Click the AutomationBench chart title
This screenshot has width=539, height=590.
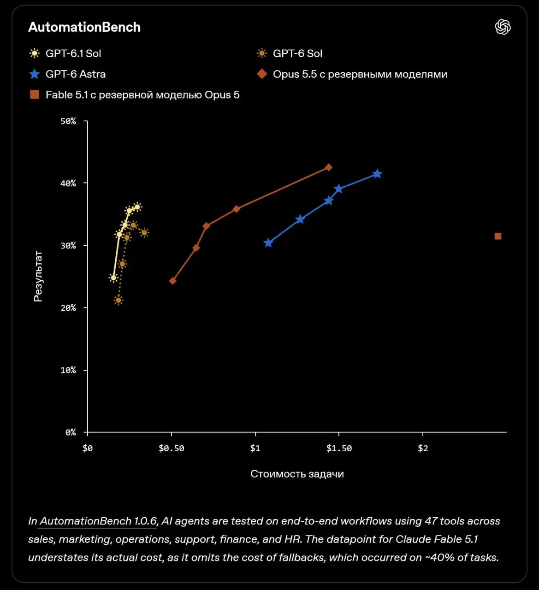tap(84, 27)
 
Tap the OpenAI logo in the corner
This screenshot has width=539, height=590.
tap(503, 27)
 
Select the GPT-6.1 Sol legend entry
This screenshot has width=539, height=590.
tap(65, 53)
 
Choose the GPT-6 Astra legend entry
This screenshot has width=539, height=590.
tap(67, 74)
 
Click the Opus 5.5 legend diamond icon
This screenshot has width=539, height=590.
tap(262, 74)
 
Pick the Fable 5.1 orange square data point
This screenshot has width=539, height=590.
tap(498, 236)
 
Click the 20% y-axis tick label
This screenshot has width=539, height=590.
tap(68, 308)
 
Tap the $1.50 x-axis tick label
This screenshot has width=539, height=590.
tap(339, 448)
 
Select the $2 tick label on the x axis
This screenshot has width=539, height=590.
tap(423, 448)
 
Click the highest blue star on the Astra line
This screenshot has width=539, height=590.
tap(377, 174)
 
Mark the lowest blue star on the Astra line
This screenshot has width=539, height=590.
tap(268, 243)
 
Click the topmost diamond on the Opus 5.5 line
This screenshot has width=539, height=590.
tap(329, 167)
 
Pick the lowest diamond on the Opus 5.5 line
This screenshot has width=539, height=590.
tap(173, 281)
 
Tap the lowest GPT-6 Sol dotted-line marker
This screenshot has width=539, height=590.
tap(118, 300)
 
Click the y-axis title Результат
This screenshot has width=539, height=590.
tap(38, 276)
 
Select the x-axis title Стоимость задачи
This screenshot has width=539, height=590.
tap(297, 474)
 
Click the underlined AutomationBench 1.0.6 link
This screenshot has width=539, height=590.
tap(98, 521)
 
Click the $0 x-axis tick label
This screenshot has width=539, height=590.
tap(88, 448)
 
